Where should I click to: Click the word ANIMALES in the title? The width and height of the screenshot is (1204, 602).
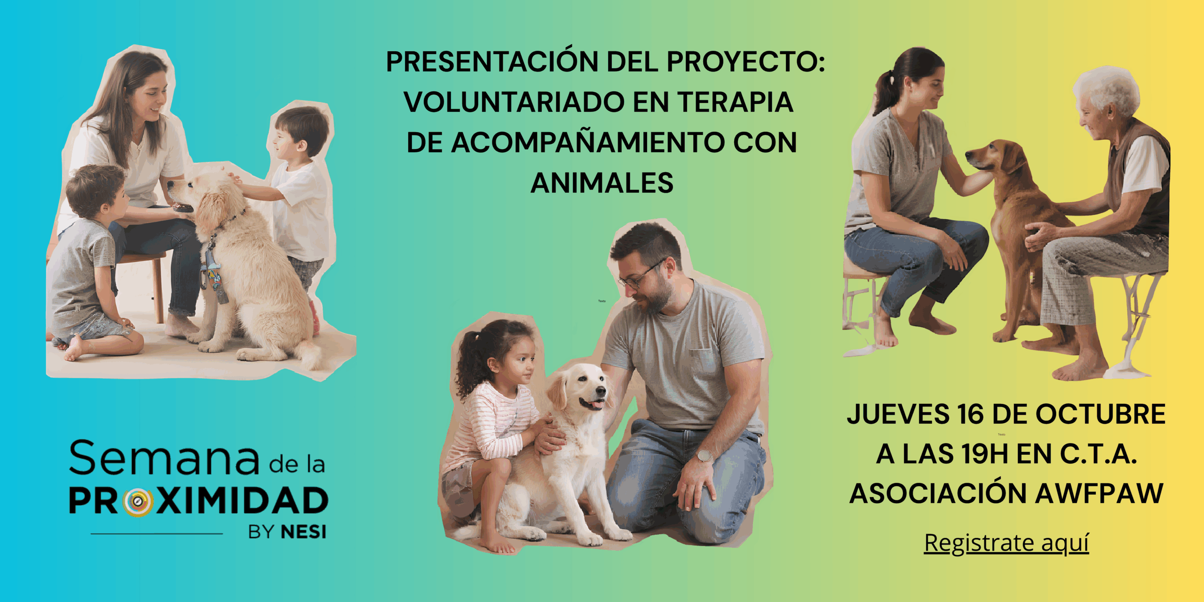[x=602, y=182]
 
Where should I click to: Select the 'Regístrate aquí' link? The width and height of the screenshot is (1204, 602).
[x=1006, y=543]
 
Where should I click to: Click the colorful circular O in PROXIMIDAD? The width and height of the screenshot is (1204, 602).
[x=138, y=501]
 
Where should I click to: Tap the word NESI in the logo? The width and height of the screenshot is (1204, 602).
[x=303, y=532]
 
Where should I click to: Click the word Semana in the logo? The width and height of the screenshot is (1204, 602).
[x=164, y=458]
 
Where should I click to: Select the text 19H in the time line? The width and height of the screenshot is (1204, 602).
[x=985, y=454]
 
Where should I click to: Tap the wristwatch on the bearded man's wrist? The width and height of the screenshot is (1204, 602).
[x=704, y=455]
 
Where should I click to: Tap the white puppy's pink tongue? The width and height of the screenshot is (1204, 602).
[x=597, y=404]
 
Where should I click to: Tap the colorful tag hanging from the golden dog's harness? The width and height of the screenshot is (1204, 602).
[x=214, y=277]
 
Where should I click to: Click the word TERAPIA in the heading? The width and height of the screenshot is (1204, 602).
[x=735, y=102]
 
